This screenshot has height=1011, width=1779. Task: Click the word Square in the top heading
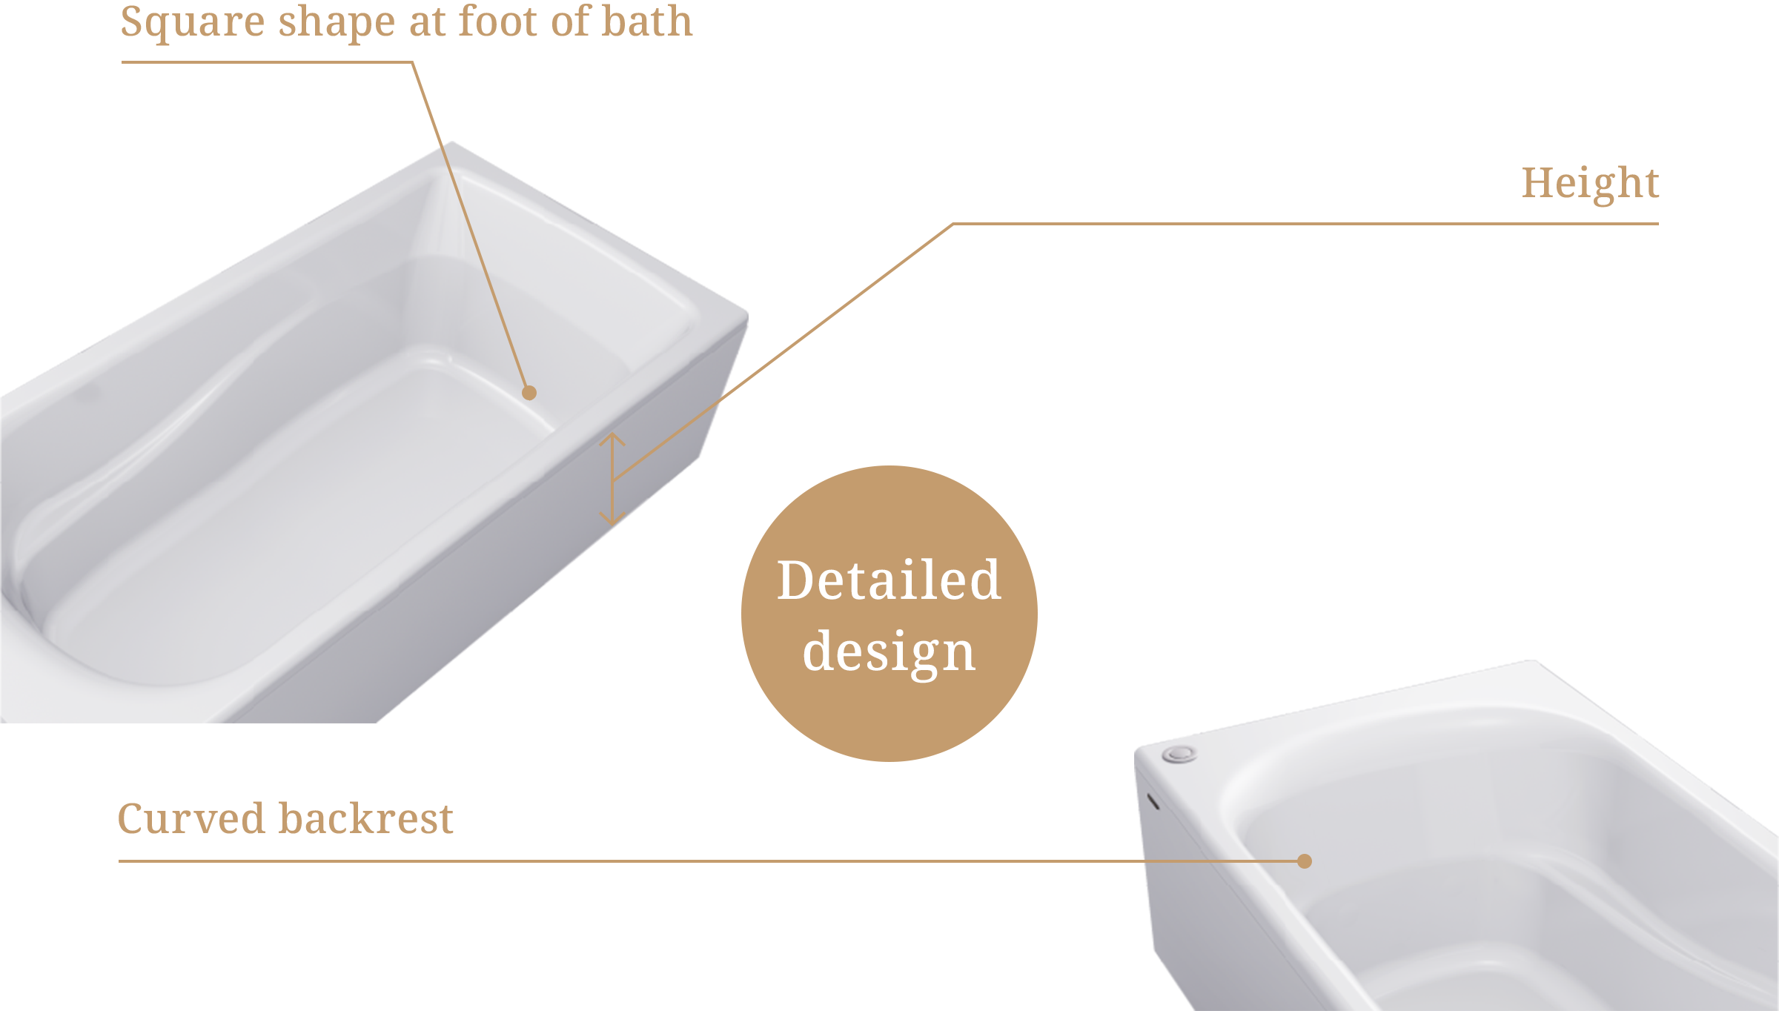tap(192, 22)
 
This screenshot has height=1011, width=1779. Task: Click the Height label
tap(1590, 184)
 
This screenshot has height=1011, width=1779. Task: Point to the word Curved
tap(191, 819)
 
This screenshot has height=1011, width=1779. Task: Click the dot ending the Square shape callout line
tap(529, 393)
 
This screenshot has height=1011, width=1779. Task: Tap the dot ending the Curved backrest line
tap(1305, 861)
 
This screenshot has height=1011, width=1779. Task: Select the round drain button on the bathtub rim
tap(1179, 755)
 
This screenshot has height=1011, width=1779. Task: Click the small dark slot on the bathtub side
tap(1153, 801)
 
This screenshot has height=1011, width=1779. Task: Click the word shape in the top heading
tap(337, 22)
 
